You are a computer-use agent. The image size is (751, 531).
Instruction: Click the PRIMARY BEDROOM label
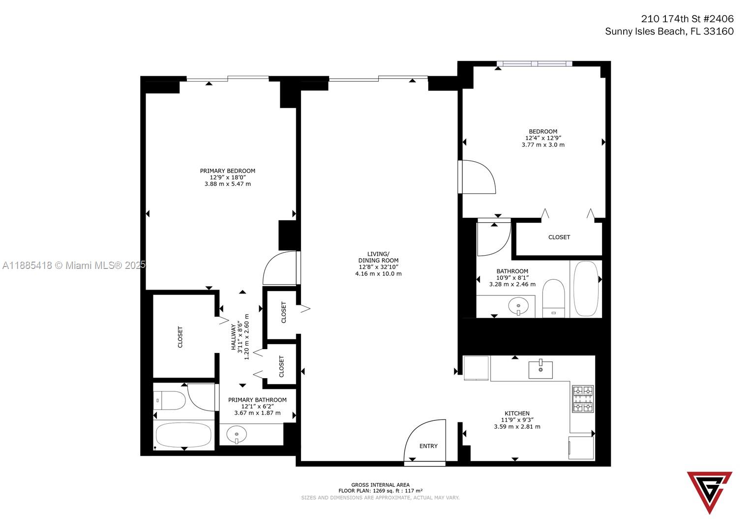227,171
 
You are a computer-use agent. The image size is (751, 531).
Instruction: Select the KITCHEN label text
517,413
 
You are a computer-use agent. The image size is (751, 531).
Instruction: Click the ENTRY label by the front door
428,446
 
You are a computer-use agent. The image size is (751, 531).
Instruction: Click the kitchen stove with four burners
582,399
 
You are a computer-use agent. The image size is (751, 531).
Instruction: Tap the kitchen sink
540,369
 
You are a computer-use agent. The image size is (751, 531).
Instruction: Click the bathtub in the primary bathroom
183,435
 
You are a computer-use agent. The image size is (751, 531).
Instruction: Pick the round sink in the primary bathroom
237,435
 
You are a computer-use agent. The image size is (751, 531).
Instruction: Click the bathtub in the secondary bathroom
586,289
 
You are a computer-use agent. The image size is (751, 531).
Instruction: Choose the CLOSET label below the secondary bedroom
559,237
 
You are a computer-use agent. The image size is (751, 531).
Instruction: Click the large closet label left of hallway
180,337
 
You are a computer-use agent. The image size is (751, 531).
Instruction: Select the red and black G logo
709,490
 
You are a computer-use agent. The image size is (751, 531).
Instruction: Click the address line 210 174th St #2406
687,19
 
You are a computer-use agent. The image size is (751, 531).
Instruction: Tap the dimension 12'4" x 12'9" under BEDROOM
542,138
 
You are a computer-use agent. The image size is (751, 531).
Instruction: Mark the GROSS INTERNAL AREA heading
380,485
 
